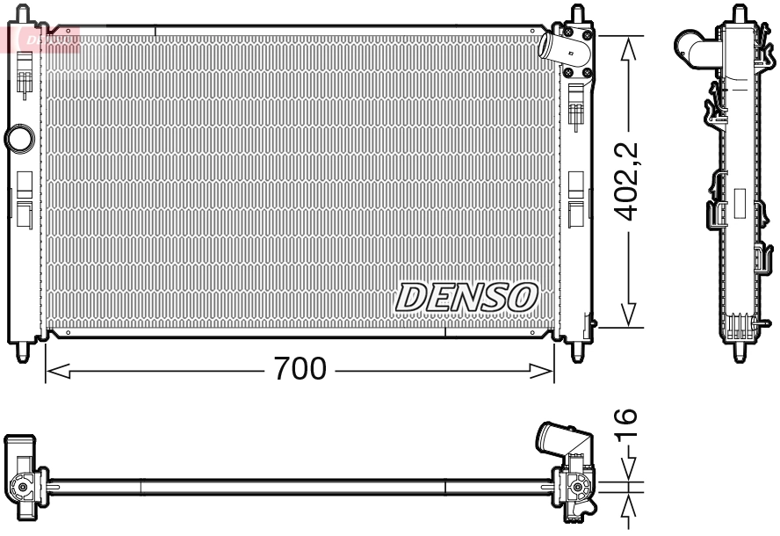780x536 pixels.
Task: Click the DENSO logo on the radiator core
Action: (x=466, y=297)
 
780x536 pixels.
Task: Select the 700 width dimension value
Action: (x=300, y=368)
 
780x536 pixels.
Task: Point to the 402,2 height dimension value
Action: (x=626, y=181)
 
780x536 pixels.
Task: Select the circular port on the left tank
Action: (x=18, y=138)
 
